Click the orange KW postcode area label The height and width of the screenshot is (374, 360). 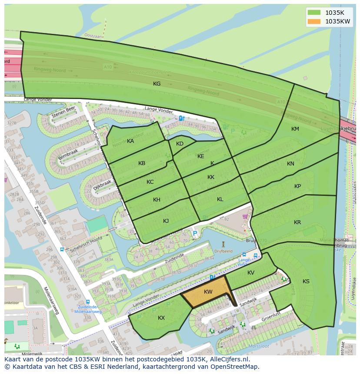point(208,292)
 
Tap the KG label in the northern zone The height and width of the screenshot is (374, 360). point(157,84)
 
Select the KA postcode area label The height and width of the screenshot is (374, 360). point(130,141)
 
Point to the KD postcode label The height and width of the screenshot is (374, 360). point(180,144)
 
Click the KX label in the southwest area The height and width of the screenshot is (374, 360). point(161,318)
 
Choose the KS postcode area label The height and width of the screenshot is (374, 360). point(306,281)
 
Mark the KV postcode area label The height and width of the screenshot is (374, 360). point(251,273)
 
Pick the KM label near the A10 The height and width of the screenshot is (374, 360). point(295,129)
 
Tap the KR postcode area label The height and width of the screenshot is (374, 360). point(297,222)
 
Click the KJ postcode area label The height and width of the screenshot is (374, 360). point(166,221)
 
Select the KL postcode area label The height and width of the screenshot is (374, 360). point(220,199)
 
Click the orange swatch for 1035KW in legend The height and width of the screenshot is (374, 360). point(313,21)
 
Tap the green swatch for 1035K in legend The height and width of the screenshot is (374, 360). point(313,12)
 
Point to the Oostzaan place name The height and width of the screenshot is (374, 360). point(93,36)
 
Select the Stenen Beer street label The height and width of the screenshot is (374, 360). point(63,112)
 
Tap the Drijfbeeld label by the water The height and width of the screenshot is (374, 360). point(223,251)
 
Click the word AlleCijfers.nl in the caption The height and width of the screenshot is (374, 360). point(228,359)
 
